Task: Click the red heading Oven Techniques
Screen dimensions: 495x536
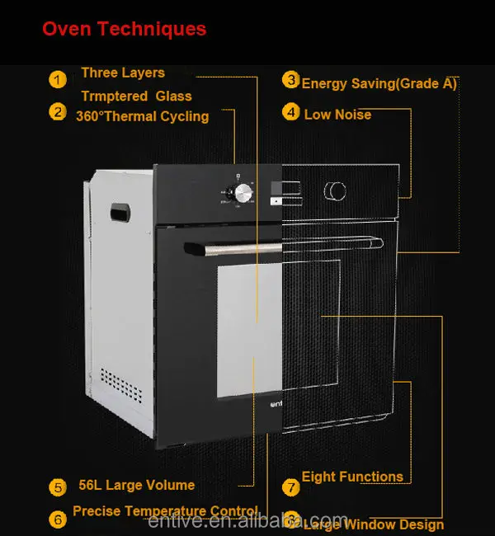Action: pyautogui.click(x=124, y=30)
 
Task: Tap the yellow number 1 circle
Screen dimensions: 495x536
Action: pyautogui.click(x=57, y=79)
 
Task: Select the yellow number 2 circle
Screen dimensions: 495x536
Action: pyautogui.click(x=57, y=111)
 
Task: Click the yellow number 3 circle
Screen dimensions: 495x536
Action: pyautogui.click(x=290, y=80)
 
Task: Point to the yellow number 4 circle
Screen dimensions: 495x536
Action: pyautogui.click(x=290, y=111)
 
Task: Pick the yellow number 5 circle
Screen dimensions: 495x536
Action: pyautogui.click(x=57, y=487)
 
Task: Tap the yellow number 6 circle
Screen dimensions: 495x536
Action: pyautogui.click(x=57, y=519)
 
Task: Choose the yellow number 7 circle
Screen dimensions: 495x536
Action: pyautogui.click(x=290, y=487)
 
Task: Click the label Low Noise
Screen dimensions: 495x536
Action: pyautogui.click(x=337, y=115)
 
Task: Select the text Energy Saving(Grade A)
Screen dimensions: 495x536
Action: pyautogui.click(x=379, y=83)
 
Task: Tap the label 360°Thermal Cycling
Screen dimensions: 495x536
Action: pyautogui.click(x=142, y=116)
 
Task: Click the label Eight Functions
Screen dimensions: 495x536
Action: pyautogui.click(x=352, y=477)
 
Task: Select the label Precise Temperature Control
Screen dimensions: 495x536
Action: pyautogui.click(x=165, y=511)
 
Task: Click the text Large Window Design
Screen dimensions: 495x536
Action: pyautogui.click(x=374, y=524)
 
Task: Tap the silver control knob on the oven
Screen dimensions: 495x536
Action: pyautogui.click(x=243, y=193)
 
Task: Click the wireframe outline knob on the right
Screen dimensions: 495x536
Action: pyautogui.click(x=335, y=190)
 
